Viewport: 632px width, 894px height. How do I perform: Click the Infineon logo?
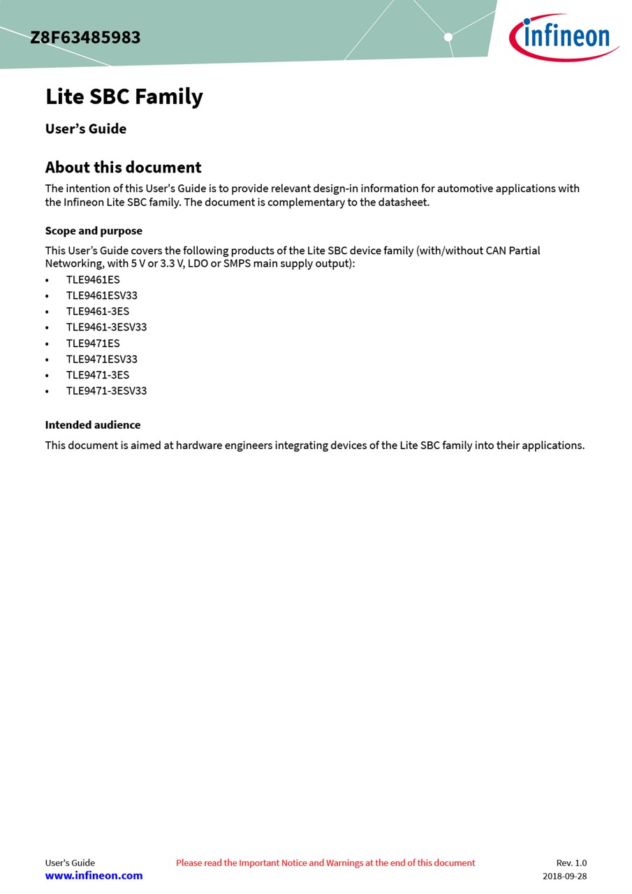[x=564, y=37]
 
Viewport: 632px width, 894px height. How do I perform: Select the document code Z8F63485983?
[x=85, y=38]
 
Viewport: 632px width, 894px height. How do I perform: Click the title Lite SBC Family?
[x=124, y=96]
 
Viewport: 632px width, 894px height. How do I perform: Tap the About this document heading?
[x=123, y=168]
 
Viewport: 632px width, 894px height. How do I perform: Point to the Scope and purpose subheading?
[x=94, y=231]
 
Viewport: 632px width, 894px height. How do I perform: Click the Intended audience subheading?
[x=93, y=425]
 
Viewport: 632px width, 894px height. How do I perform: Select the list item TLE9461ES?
[x=93, y=280]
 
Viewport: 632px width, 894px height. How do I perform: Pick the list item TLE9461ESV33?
[x=102, y=295]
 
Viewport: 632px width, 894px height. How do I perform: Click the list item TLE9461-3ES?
[x=98, y=312]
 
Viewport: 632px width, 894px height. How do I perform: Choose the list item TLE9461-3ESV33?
[x=106, y=328]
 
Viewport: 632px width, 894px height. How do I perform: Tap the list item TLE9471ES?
[x=93, y=344]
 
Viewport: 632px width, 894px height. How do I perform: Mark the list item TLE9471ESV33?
[x=102, y=360]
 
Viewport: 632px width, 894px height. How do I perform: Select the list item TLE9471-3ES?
[x=98, y=375]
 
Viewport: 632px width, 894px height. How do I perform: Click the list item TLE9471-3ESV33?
[x=106, y=391]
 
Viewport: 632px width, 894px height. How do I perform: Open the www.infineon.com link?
[x=94, y=876]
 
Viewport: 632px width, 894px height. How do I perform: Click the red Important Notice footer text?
[x=325, y=863]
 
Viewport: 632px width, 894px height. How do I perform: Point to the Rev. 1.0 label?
[x=571, y=863]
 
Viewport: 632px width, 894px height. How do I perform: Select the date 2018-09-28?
[x=564, y=877]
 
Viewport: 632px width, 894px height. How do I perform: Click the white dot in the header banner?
[x=448, y=37]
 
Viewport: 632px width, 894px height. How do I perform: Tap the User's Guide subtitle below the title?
[x=86, y=129]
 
